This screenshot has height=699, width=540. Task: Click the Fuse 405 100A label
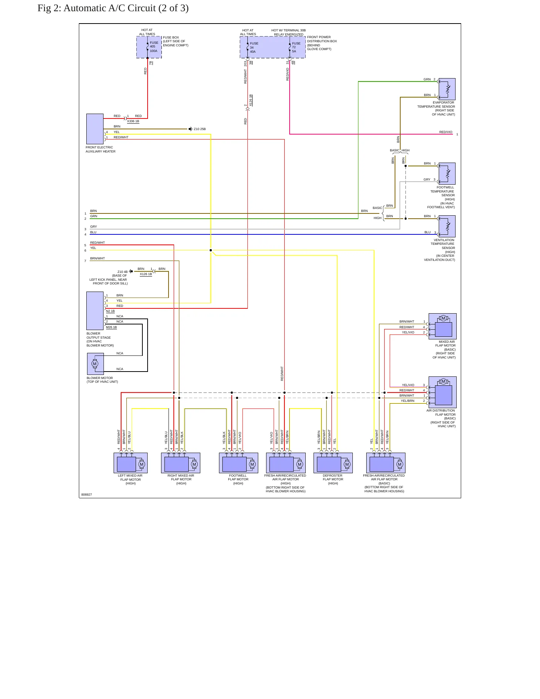click(154, 47)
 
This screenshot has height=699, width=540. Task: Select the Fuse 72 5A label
click(296, 47)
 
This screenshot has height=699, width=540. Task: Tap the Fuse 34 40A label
click(254, 47)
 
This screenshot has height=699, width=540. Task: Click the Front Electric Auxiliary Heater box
click(95, 129)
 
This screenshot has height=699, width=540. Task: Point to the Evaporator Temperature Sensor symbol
click(447, 89)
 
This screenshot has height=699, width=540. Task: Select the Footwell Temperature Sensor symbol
click(447, 173)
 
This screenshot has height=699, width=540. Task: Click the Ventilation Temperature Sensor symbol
click(447, 226)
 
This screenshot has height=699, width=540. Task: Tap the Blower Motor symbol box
click(95, 364)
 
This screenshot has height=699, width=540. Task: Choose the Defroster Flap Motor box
click(333, 463)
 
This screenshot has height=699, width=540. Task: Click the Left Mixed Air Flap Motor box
click(130, 463)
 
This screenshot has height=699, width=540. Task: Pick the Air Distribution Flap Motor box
click(442, 392)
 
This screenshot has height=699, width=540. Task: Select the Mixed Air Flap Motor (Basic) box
click(442, 326)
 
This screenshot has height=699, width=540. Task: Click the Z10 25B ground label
click(200, 129)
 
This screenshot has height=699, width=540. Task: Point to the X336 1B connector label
click(133, 121)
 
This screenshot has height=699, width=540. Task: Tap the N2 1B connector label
click(110, 311)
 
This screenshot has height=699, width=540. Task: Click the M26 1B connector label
click(111, 327)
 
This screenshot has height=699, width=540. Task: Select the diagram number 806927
click(87, 495)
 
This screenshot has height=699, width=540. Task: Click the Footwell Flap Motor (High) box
click(238, 463)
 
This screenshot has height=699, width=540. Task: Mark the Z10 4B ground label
click(123, 272)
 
